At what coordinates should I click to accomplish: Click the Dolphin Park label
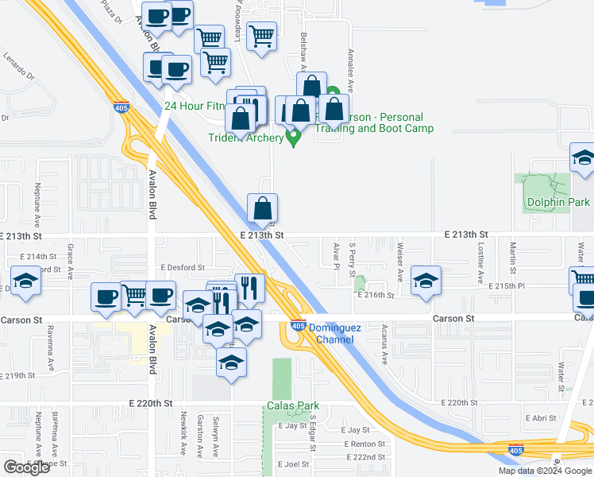[x=557, y=202]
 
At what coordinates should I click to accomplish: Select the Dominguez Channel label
[x=335, y=333]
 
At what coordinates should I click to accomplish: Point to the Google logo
[x=27, y=467]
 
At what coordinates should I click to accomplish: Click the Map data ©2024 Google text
[x=545, y=471]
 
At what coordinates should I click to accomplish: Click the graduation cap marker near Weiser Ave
[x=426, y=281]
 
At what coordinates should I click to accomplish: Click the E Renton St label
[x=364, y=444]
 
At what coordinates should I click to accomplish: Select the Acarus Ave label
[x=384, y=347]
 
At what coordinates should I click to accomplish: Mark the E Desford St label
[x=182, y=268]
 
